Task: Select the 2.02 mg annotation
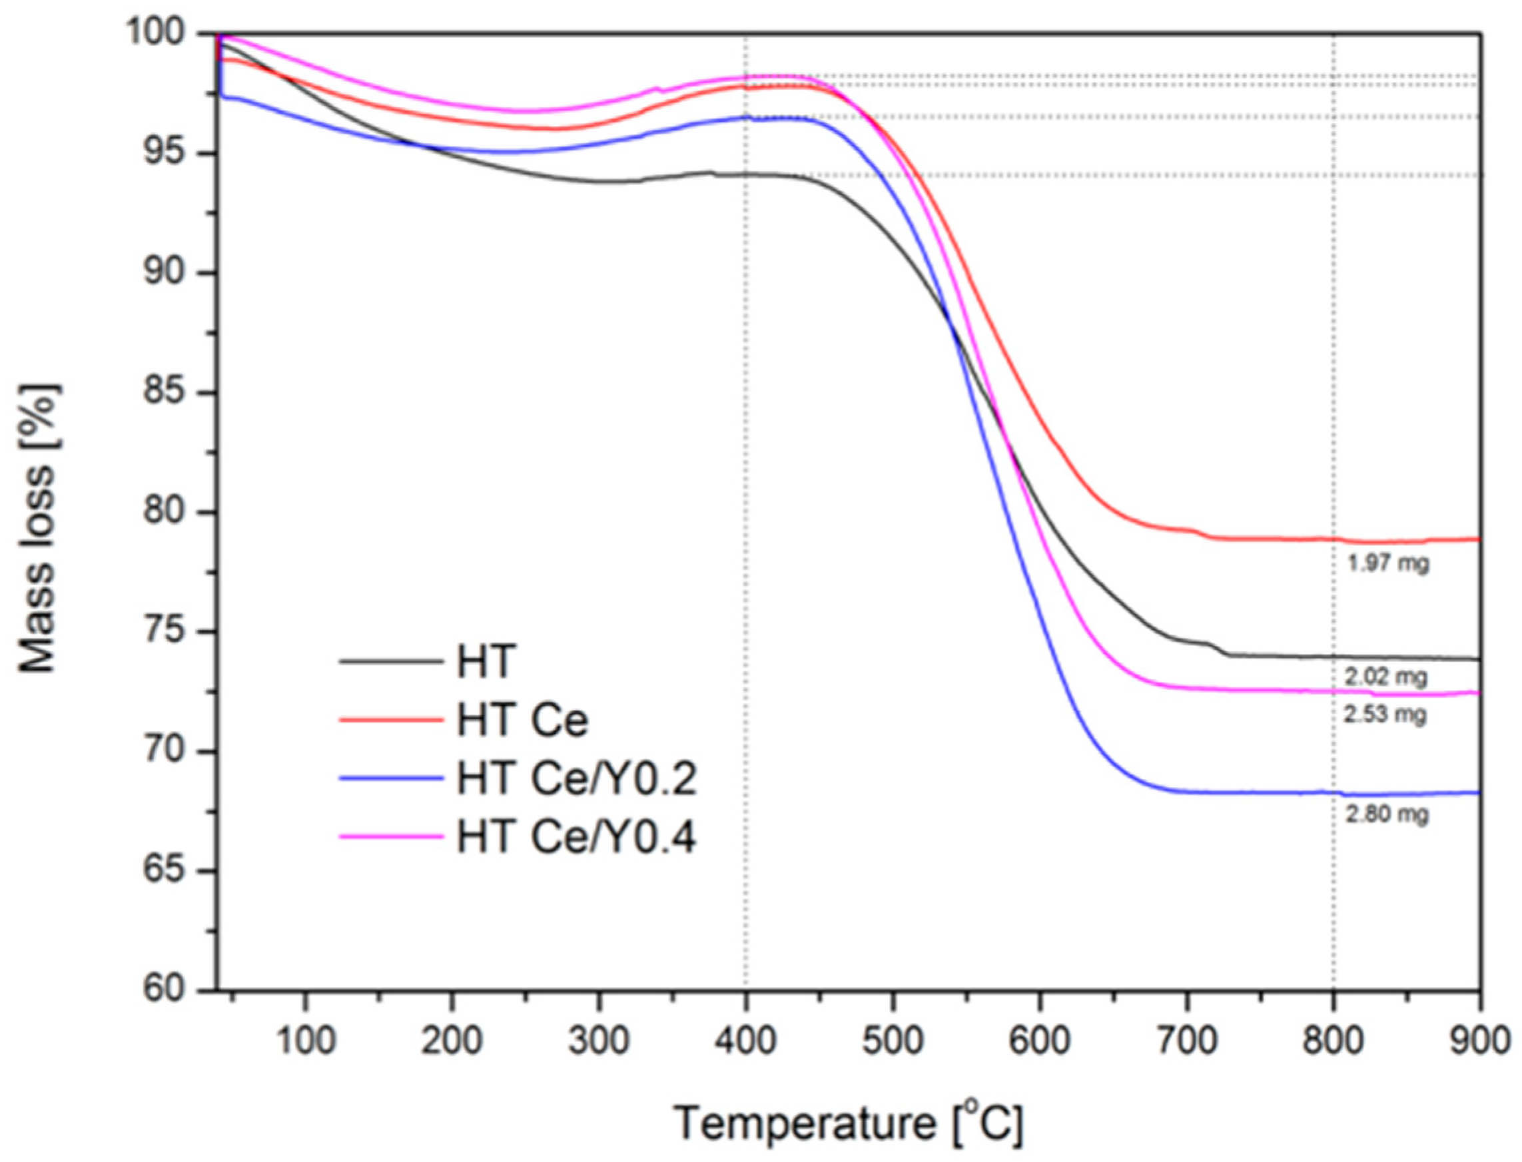click(1386, 676)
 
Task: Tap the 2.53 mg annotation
click(1385, 714)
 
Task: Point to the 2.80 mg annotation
click(1386, 814)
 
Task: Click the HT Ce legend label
click(522, 720)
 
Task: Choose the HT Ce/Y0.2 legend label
click(576, 779)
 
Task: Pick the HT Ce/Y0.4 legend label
click(576, 838)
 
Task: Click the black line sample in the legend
click(391, 661)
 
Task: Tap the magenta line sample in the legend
click(391, 837)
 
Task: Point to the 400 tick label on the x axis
click(745, 1041)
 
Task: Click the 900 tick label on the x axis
click(1479, 1041)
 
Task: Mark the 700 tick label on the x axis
click(1186, 1041)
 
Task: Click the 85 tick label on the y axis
click(168, 393)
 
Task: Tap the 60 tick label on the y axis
click(168, 990)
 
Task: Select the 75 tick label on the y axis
click(168, 632)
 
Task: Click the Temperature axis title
click(847, 1123)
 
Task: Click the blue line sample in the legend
click(391, 778)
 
